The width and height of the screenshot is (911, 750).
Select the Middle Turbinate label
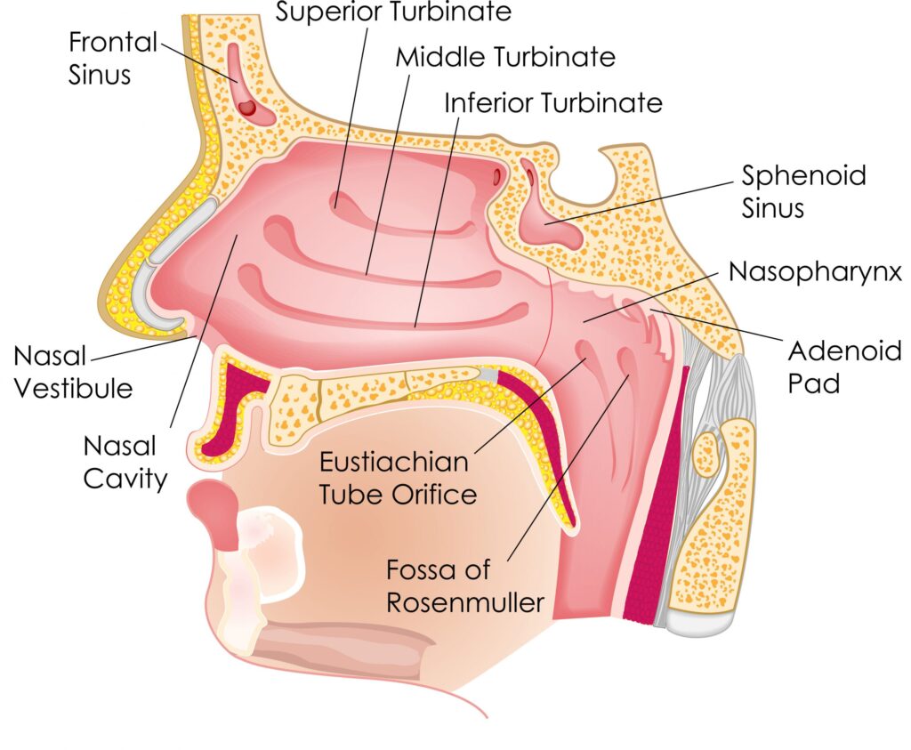click(x=505, y=58)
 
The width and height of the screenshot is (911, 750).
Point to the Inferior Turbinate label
click(x=553, y=103)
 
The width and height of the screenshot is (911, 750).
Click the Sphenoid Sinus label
click(x=803, y=190)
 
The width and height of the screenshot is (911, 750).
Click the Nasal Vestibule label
click(x=72, y=372)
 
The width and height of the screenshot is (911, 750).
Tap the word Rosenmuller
click(x=464, y=602)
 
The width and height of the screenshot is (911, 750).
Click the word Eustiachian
click(x=394, y=463)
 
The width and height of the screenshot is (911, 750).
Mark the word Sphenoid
click(x=803, y=174)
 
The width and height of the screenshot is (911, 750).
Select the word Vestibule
click(x=72, y=388)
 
